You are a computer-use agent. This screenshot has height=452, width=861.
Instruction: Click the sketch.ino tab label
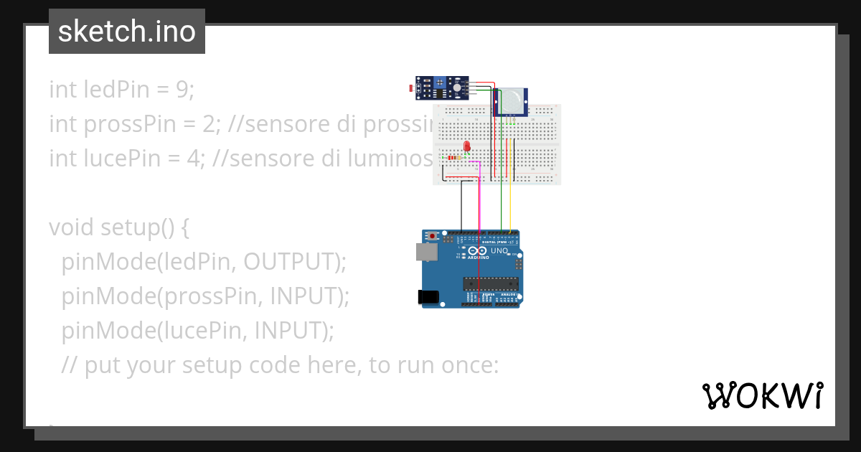point(127,32)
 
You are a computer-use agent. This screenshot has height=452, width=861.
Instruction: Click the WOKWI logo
point(762,395)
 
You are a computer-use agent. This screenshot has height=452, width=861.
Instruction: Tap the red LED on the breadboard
point(467,146)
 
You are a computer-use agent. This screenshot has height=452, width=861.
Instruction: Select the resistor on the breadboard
point(455,157)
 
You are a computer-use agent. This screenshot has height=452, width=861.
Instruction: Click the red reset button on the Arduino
point(432,236)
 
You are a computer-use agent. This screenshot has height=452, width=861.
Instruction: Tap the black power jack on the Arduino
point(428,296)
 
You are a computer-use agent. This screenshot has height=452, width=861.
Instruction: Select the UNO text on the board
point(499,252)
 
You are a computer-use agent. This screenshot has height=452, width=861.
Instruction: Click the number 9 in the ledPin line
point(183,90)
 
